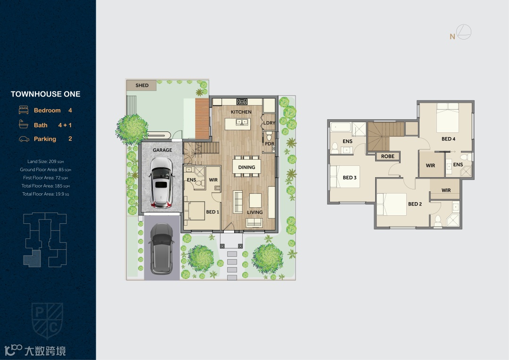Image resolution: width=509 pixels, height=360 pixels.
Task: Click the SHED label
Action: pyautogui.click(x=142, y=85)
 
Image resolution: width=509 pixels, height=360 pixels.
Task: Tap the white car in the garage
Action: pyautogui.click(x=161, y=183)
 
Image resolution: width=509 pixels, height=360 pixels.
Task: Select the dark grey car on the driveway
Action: pyautogui.click(x=161, y=249)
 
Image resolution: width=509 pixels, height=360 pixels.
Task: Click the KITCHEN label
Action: pyautogui.click(x=241, y=112)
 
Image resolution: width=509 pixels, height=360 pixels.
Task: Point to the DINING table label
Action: pyautogui.click(x=246, y=167)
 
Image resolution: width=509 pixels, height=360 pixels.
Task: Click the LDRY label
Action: pyautogui.click(x=269, y=123)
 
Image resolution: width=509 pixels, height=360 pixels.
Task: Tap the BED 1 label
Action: pyautogui.click(x=213, y=212)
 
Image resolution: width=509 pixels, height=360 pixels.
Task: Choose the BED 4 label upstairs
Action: pyautogui.click(x=448, y=139)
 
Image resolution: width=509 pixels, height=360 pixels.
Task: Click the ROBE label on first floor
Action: pyautogui.click(x=387, y=156)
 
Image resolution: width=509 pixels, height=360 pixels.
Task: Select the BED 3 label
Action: pyautogui.click(x=350, y=178)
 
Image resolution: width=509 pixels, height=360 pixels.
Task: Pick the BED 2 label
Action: pyautogui.click(x=415, y=204)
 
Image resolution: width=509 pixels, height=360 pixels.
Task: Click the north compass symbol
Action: pyautogui.click(x=460, y=33)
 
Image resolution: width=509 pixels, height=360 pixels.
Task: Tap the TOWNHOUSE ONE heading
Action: pyautogui.click(x=45, y=94)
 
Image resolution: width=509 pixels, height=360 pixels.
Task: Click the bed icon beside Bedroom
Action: pyautogui.click(x=24, y=110)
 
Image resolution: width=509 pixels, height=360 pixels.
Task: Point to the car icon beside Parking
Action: pyautogui.click(x=24, y=139)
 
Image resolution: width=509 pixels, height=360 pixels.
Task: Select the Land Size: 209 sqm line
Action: pyautogui.click(x=45, y=161)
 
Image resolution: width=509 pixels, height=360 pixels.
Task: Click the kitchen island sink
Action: pyautogui.click(x=241, y=122)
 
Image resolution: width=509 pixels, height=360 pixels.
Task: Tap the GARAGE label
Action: pyautogui.click(x=162, y=150)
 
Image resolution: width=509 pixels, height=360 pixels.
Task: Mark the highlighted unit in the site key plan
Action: pyautogui.click(x=33, y=258)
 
